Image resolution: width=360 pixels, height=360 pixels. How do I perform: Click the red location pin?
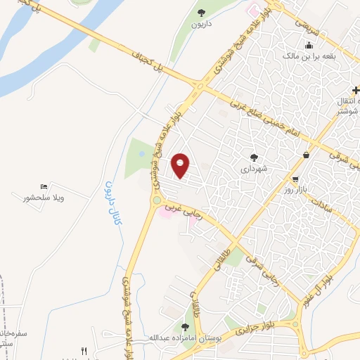181,165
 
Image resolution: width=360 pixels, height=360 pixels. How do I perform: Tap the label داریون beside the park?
202,24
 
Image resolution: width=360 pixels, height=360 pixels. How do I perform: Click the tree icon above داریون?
201,12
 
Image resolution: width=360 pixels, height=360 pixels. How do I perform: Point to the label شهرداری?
254,169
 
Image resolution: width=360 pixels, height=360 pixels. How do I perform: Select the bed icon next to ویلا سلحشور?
44,187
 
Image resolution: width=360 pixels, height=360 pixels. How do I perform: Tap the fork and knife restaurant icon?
84,350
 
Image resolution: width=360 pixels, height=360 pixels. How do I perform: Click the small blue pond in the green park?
142,153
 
